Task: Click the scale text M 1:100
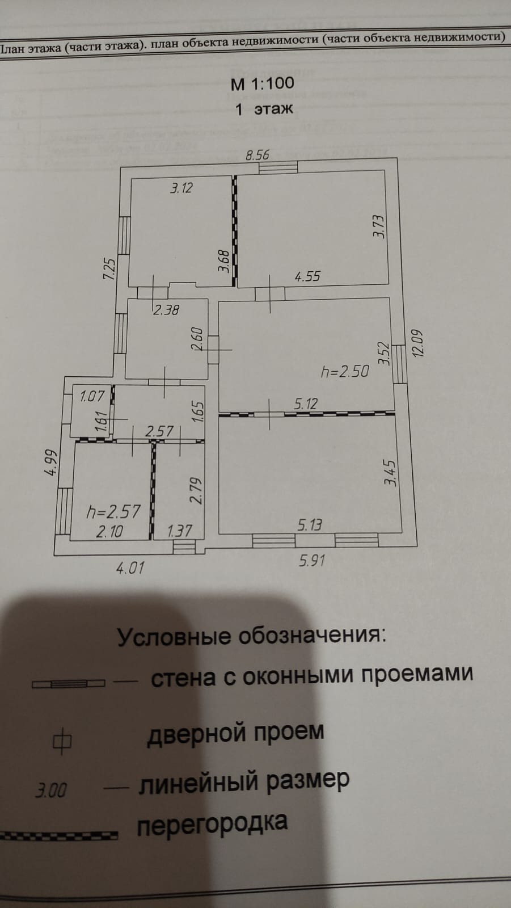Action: [262, 83]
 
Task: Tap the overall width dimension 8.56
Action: [257, 154]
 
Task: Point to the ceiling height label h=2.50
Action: [344, 371]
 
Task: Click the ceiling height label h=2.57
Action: [113, 511]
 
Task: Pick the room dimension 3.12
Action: [181, 188]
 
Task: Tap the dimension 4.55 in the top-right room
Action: [307, 276]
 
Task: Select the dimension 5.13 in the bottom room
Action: [310, 524]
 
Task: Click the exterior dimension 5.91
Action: [312, 561]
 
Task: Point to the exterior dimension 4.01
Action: [130, 567]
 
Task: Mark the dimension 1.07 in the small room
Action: [92, 396]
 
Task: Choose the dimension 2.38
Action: [166, 310]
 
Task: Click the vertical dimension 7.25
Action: [109, 268]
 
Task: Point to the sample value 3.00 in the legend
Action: [50, 790]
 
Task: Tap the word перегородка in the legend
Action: [212, 825]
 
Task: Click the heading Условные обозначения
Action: [251, 636]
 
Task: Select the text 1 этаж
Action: [264, 109]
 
